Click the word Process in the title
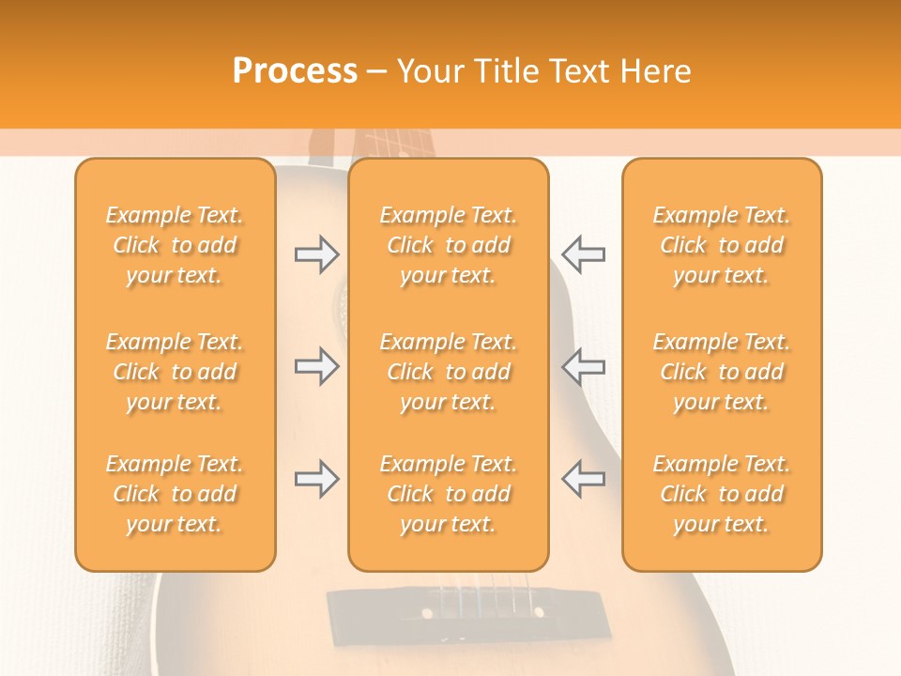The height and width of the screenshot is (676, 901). pos(295,71)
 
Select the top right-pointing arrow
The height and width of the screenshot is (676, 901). pos(317,253)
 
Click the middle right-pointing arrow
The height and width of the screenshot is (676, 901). pos(317,366)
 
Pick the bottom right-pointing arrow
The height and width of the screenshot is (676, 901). pos(317,479)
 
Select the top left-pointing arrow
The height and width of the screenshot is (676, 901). pos(583,253)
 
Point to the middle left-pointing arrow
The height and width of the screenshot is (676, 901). pos(583,366)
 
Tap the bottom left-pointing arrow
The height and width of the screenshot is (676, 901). pos(583,479)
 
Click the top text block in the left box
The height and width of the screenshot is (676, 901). pos(175,245)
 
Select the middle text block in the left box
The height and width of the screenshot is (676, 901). pos(175,372)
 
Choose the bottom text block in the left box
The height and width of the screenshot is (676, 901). pos(175,494)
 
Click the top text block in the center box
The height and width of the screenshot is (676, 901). pos(449,245)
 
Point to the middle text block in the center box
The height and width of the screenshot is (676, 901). pos(449,372)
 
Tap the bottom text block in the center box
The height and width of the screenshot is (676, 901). pos(449,494)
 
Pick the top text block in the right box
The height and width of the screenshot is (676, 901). pos(722,245)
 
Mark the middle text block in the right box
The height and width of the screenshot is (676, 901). pos(722,372)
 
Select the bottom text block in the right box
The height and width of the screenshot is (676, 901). pos(722,494)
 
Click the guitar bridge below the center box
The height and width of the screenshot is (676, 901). pos(449,610)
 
